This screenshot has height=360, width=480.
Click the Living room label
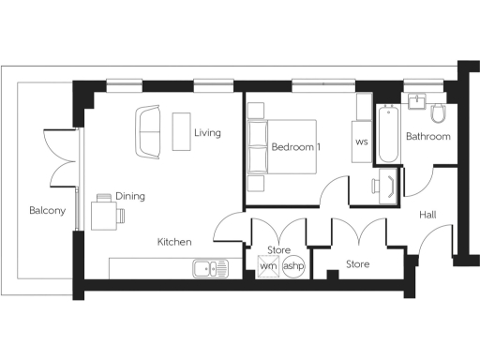(x=207, y=133)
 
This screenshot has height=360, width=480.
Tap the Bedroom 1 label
(x=296, y=148)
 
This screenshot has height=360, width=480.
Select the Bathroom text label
(x=427, y=137)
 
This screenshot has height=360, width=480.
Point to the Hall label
(x=427, y=216)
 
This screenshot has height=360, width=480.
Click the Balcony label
(x=47, y=211)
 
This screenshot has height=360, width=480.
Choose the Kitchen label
(x=174, y=242)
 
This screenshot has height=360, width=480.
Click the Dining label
(x=130, y=197)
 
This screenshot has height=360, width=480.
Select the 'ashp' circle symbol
(x=293, y=266)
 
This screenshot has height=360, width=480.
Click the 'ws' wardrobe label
(x=362, y=142)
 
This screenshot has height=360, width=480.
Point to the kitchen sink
(x=211, y=269)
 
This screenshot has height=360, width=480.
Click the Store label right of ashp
(x=358, y=264)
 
